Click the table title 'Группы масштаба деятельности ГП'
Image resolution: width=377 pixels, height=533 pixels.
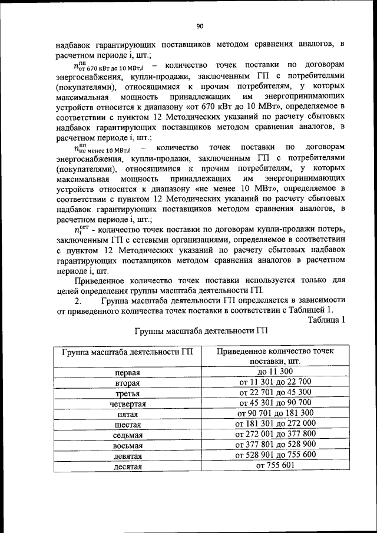[200, 331]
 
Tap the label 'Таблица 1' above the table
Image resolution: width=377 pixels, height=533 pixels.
[326, 319]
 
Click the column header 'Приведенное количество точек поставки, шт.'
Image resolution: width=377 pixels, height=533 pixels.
[275, 356]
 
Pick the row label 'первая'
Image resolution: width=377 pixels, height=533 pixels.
[127, 372]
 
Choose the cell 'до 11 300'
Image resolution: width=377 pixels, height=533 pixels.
[275, 372]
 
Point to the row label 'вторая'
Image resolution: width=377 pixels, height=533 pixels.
[127, 383]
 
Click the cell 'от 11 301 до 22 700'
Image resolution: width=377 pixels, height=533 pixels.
[275, 382]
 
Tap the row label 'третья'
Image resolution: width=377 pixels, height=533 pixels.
[127, 393]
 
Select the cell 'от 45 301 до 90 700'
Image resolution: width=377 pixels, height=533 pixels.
[275, 403]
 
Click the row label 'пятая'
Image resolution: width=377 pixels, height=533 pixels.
[127, 414]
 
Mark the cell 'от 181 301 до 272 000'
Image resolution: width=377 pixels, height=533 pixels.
[275, 423]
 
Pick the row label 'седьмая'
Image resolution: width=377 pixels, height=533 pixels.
[127, 435]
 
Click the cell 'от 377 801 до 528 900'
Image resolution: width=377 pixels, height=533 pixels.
[275, 444]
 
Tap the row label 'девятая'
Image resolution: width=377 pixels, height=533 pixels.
[127, 456]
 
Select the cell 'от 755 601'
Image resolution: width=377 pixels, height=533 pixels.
[275, 465]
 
